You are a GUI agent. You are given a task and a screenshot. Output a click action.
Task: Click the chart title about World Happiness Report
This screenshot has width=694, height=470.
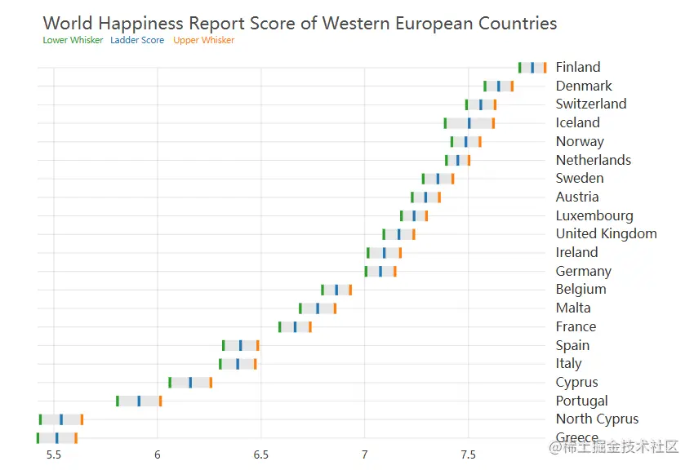300,23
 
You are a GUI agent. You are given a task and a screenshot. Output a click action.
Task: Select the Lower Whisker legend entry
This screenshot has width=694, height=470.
73,40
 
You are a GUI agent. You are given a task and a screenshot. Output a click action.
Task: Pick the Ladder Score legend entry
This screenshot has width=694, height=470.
137,40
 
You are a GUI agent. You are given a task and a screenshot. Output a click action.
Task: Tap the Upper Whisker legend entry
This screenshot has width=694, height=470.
203,40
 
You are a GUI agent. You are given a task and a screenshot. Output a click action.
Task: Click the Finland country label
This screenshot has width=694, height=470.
577,67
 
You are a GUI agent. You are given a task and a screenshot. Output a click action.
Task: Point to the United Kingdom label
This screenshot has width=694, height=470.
606,233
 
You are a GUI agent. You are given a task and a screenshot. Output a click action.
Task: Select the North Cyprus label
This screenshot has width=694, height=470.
597,419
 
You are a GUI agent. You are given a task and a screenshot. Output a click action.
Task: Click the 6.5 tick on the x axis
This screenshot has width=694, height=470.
261,454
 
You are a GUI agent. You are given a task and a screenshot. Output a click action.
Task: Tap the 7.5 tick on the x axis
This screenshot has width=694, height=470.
469,454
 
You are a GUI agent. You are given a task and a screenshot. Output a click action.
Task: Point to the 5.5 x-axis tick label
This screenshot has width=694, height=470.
54,454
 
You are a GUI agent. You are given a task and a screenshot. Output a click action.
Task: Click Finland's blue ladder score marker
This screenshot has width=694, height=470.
532,68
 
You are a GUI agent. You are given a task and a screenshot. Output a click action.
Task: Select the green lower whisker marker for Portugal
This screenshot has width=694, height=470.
118,401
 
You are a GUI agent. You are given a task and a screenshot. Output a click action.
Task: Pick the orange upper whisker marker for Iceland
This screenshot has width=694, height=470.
493,123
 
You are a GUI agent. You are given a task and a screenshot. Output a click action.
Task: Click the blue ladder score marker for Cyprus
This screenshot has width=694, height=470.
190,382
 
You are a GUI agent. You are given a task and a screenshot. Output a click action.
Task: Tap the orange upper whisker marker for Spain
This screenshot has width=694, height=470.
257,345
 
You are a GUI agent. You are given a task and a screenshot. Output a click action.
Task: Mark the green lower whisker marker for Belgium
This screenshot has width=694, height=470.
323,290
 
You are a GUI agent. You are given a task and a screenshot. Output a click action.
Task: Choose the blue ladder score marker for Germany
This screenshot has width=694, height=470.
380,271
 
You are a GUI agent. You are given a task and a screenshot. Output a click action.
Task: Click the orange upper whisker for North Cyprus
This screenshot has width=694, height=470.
82,419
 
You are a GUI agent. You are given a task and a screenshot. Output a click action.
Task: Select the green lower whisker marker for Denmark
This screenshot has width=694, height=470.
485,86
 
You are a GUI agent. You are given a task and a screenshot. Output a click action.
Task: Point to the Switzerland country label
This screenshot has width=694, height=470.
590,104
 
